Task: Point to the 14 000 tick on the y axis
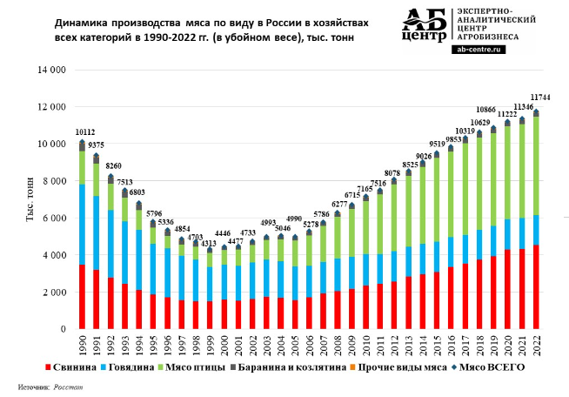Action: tap(49, 70)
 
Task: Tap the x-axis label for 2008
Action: tap(338, 346)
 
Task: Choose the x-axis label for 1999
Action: tap(210, 346)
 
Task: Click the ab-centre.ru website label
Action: tap(479, 50)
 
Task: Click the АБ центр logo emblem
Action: tap(425, 26)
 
